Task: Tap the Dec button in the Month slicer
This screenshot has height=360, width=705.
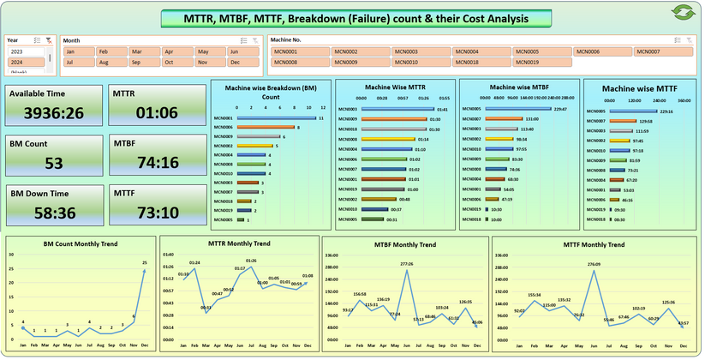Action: pyautogui.click(x=241, y=63)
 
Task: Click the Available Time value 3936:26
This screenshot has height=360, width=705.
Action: pyautogui.click(x=53, y=112)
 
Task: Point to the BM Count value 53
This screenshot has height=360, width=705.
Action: pyautogui.click(x=53, y=163)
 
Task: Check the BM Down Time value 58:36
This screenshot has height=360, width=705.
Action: pyautogui.click(x=53, y=213)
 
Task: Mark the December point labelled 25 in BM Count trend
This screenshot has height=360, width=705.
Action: pyautogui.click(x=144, y=263)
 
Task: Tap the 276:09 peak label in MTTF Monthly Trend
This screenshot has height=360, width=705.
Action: pyautogui.click(x=594, y=265)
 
